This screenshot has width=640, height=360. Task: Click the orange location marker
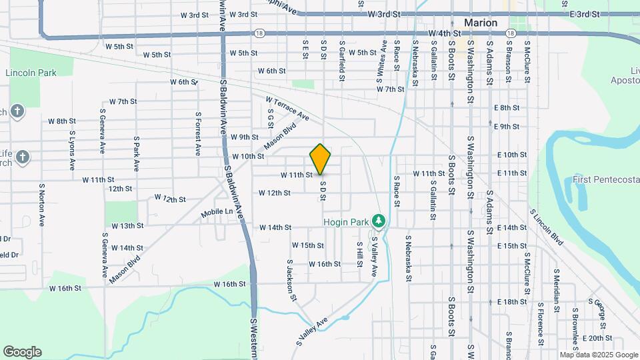tap(321, 159)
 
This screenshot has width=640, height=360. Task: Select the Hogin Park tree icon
tap(379, 221)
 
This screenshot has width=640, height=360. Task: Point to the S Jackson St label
tap(291, 280)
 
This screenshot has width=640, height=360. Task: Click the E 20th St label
tap(597, 338)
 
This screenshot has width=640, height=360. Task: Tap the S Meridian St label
tap(555, 287)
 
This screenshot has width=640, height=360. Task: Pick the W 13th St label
tap(128, 226)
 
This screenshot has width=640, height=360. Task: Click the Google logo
tap(22, 352)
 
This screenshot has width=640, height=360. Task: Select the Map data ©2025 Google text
tap(598, 355)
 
